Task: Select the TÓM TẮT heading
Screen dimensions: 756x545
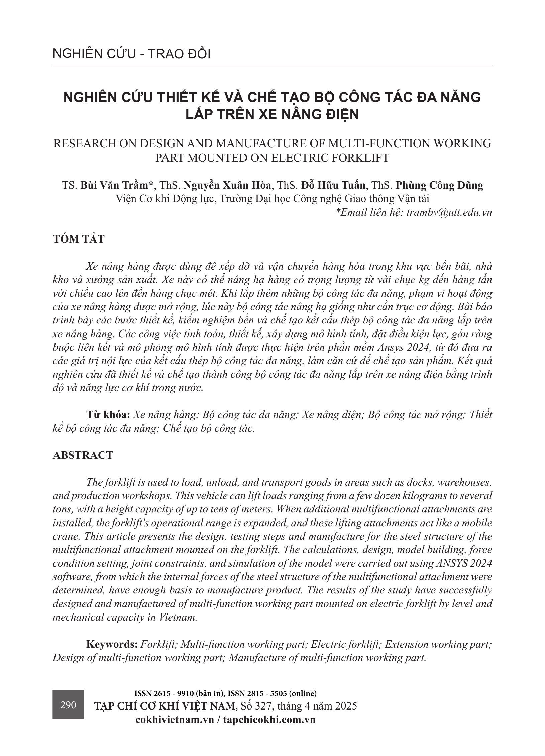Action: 79,239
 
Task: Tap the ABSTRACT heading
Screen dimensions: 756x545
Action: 83,455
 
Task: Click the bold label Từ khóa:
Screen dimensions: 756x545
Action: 108,415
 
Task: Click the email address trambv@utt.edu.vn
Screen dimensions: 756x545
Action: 449,213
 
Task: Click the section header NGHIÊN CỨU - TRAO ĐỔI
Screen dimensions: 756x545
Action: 132,54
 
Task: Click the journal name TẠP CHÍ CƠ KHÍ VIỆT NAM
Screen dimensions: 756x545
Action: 165,706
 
